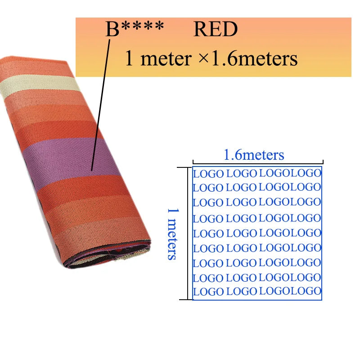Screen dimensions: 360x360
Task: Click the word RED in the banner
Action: click(x=216, y=29)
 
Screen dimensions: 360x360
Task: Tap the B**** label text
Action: click(x=135, y=29)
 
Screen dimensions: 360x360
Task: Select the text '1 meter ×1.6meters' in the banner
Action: click(x=211, y=58)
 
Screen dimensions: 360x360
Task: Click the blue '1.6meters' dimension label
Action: click(x=254, y=155)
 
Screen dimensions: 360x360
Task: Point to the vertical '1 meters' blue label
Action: click(x=173, y=234)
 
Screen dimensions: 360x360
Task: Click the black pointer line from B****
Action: click(x=100, y=105)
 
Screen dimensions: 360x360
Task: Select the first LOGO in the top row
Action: click(x=208, y=174)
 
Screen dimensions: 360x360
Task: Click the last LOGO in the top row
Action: click(x=306, y=173)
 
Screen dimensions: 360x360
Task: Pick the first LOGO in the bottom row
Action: click(x=208, y=292)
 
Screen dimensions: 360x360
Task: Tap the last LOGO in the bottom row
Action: click(x=306, y=291)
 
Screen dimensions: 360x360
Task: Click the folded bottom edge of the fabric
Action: click(x=108, y=255)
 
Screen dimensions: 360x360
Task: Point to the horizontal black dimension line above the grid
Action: click(x=258, y=164)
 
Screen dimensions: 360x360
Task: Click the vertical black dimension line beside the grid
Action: click(x=188, y=234)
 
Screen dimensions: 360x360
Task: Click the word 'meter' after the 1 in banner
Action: click(x=166, y=59)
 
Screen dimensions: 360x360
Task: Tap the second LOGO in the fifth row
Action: click(x=241, y=233)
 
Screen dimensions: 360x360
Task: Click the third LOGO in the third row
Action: click(x=274, y=202)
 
